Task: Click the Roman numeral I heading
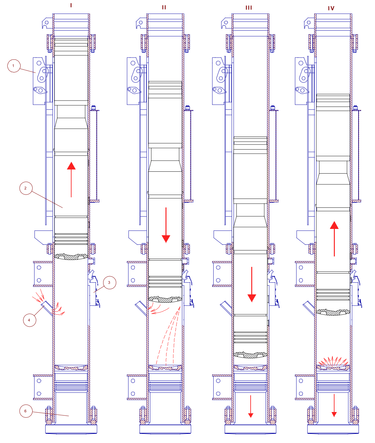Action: (x=71, y=5)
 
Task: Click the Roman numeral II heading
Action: (x=164, y=7)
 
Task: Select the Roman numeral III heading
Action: (x=249, y=8)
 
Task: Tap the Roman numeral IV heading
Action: (x=331, y=9)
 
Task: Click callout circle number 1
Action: (x=14, y=66)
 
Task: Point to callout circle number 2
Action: (x=26, y=188)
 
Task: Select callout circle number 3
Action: (x=109, y=283)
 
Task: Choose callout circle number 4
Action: (x=29, y=320)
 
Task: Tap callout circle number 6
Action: (x=26, y=411)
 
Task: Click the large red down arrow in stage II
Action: (x=166, y=225)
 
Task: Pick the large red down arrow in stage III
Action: (x=252, y=284)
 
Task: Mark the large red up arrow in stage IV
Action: (x=334, y=239)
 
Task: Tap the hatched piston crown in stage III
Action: (x=250, y=355)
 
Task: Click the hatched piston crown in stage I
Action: (x=71, y=256)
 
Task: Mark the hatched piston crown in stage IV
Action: (x=333, y=312)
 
